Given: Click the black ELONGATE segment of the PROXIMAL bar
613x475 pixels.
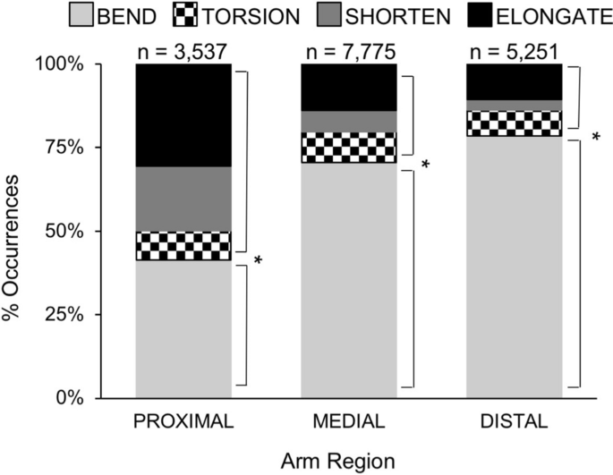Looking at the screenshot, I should point(183,115).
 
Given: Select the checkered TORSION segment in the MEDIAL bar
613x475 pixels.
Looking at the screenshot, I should point(348,148).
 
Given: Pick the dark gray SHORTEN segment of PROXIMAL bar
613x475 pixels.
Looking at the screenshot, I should point(183,199).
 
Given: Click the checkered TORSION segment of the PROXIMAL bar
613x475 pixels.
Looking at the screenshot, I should point(183,245).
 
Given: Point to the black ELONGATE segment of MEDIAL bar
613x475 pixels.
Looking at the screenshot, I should point(348,87).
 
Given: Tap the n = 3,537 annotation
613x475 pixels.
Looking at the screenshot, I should point(183,49).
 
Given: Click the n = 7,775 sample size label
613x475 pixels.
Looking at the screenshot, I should point(348,49).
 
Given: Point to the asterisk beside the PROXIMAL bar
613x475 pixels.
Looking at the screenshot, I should point(259,259).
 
